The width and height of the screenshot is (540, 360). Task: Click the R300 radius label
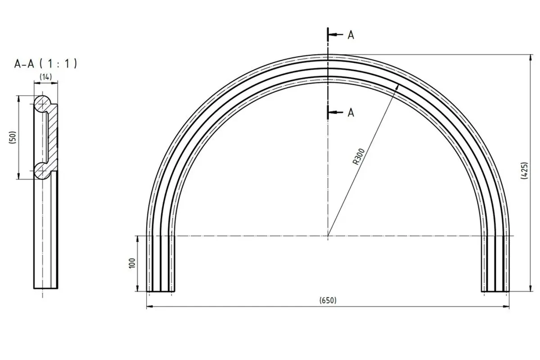359,157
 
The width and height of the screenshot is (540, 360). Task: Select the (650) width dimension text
328,300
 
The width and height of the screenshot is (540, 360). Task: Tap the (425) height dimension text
525,171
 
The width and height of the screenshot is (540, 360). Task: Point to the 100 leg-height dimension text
132,263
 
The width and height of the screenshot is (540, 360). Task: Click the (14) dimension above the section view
46,77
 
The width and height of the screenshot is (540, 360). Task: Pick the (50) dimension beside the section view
12,138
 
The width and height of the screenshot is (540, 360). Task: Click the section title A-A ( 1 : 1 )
46,63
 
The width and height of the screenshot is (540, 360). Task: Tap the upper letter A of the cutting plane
351,35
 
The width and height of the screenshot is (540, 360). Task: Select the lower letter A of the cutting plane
351,112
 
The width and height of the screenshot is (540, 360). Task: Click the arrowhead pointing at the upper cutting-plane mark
332,35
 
